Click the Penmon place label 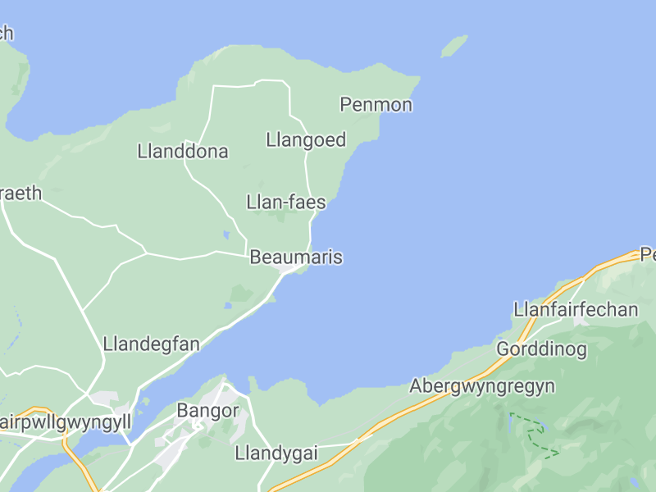pos(376,105)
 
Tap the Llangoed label pos(306,139)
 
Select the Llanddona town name pos(183,152)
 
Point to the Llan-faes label pos(286,203)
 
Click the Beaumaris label pos(295,257)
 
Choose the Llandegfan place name pos(152,344)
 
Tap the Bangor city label pos(208,411)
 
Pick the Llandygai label pos(276,453)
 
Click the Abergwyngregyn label pos(482,385)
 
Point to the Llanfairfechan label pos(576,310)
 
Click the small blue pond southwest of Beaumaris pos(228,306)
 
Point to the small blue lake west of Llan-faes pos(225,235)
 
